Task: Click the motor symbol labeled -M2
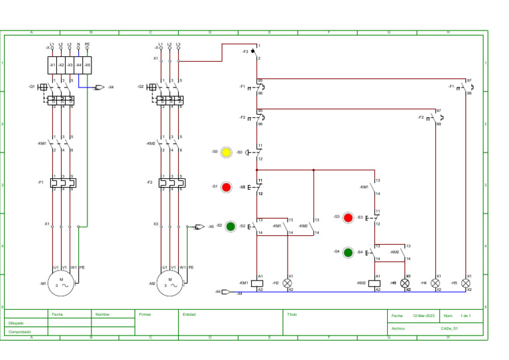[170, 283]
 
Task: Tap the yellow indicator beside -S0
[226, 152]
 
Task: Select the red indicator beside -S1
[226, 187]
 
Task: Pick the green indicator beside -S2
[231, 226]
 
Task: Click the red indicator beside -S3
[348, 217]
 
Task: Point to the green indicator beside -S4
[348, 252]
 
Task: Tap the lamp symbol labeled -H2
[288, 283]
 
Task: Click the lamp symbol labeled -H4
[435, 283]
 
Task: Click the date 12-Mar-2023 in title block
[424, 316]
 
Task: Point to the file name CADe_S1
[449, 328]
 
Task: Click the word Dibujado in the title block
[16, 324]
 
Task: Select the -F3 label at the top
[245, 51]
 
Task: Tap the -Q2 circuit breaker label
[141, 86]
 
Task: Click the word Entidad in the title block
[189, 314]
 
